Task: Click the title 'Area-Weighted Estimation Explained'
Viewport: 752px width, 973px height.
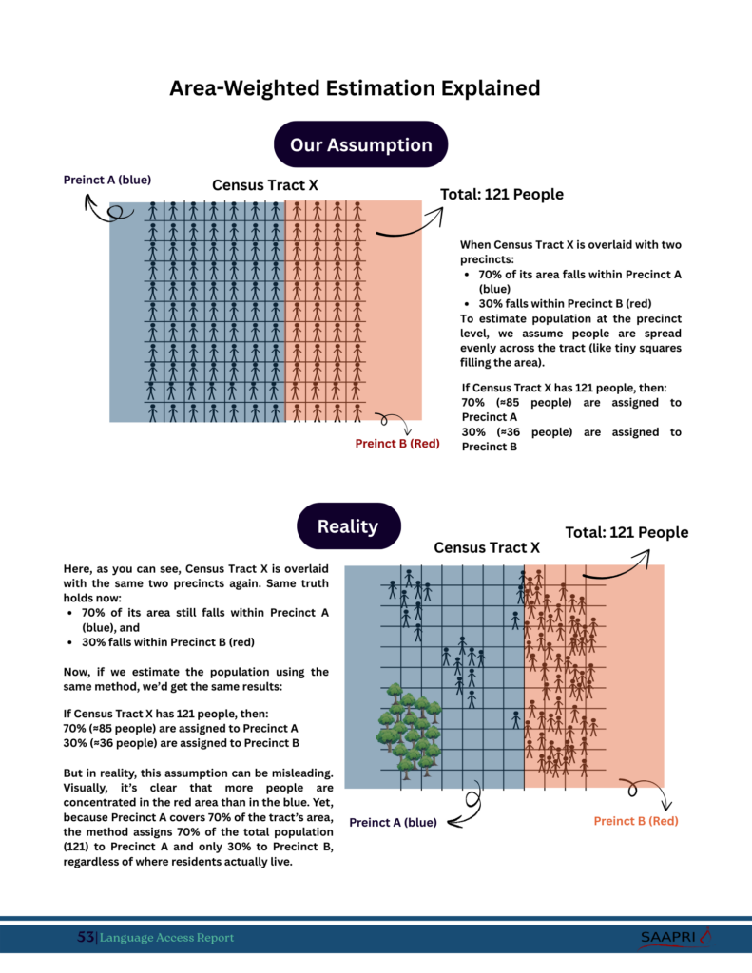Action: click(355, 88)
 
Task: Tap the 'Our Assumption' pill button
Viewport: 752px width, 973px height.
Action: click(360, 144)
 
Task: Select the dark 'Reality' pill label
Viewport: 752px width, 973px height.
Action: click(348, 526)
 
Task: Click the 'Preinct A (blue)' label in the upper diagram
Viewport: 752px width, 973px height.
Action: click(107, 179)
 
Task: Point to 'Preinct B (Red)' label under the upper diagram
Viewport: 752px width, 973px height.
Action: click(397, 444)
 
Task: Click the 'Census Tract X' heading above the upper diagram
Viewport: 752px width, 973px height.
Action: click(264, 185)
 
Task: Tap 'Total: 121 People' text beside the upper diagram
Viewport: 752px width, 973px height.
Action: click(502, 195)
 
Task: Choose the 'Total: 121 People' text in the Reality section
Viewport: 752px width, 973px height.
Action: click(627, 532)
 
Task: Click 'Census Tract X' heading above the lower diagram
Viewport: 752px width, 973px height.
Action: click(487, 547)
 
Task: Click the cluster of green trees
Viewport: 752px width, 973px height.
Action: click(410, 727)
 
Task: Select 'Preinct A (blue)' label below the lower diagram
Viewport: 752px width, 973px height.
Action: click(394, 823)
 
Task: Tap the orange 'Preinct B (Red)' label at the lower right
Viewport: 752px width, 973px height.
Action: click(636, 821)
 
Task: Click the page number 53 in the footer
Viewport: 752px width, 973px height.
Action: click(86, 938)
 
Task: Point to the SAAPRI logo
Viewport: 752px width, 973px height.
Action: click(675, 938)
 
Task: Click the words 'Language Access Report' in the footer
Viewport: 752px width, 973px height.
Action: click(166, 938)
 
